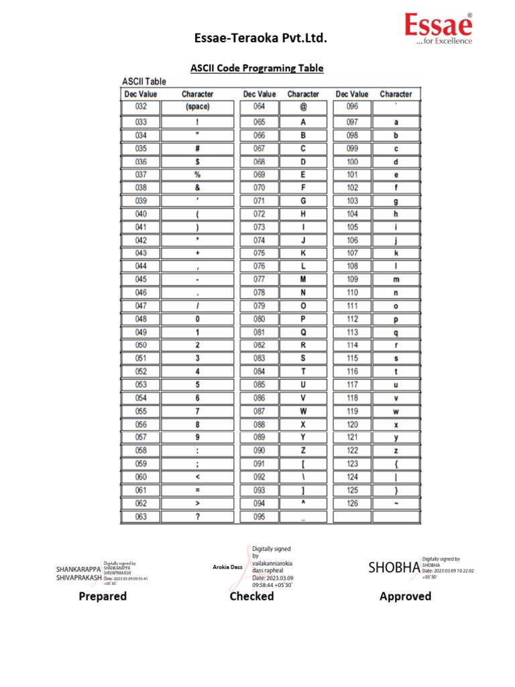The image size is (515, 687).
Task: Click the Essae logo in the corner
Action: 439,28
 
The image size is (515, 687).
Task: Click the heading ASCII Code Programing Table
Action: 257,68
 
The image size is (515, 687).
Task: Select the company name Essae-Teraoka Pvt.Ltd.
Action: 261,40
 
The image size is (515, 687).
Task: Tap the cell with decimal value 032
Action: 141,107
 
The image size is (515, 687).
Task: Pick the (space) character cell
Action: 197,107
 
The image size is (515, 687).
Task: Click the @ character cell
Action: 303,107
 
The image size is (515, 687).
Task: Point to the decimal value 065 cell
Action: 259,122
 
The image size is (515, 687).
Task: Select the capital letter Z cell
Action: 303,451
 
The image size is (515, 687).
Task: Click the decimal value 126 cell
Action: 352,503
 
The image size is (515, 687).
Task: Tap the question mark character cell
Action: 197,517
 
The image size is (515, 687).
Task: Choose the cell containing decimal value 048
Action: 141,319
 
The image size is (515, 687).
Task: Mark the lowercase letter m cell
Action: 396,279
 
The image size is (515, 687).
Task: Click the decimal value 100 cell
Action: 352,162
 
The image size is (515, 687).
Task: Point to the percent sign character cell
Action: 197,174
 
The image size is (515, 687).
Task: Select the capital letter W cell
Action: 303,411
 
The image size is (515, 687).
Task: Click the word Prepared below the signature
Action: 103,596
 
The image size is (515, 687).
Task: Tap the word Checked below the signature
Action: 251,596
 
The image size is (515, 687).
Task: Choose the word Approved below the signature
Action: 405,596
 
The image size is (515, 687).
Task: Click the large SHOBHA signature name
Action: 394,568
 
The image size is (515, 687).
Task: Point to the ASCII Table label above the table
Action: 144,81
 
